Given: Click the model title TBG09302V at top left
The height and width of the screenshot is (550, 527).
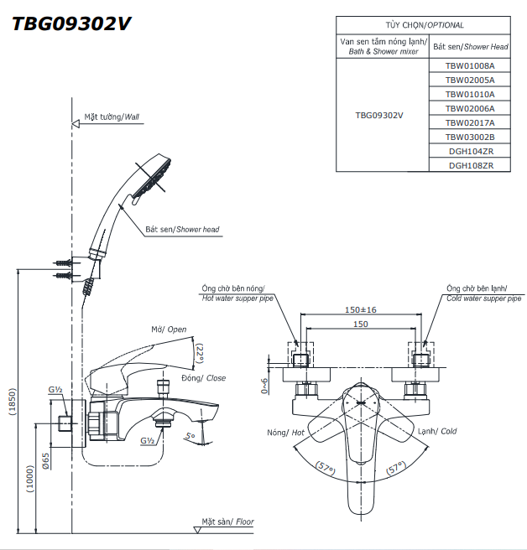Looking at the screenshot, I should [x=71, y=23].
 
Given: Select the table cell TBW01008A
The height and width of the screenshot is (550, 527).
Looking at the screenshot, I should [x=470, y=65].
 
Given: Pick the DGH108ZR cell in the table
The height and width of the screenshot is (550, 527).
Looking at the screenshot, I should [x=470, y=165].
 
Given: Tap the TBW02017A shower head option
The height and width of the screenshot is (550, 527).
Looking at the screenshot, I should [x=470, y=122].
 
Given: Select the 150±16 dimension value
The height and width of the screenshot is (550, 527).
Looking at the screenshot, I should [x=361, y=309].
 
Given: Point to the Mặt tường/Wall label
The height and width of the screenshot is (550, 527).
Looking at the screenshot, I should [x=112, y=118].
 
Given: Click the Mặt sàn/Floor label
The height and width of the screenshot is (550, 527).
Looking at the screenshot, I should [x=227, y=521].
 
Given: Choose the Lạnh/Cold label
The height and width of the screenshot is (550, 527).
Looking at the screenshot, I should [x=437, y=432].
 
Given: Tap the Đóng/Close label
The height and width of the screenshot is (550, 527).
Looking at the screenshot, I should [x=204, y=378].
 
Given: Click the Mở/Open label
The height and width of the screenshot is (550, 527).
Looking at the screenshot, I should [x=169, y=329].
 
